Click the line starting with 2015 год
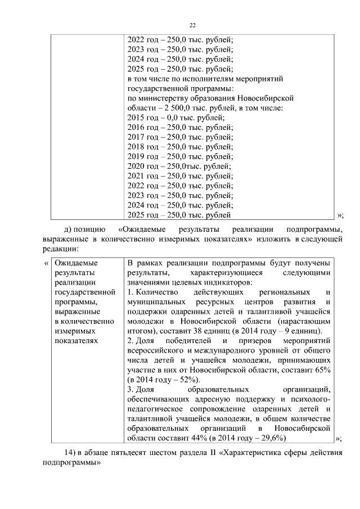coord(176,118)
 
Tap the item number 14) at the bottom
coord(70,454)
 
